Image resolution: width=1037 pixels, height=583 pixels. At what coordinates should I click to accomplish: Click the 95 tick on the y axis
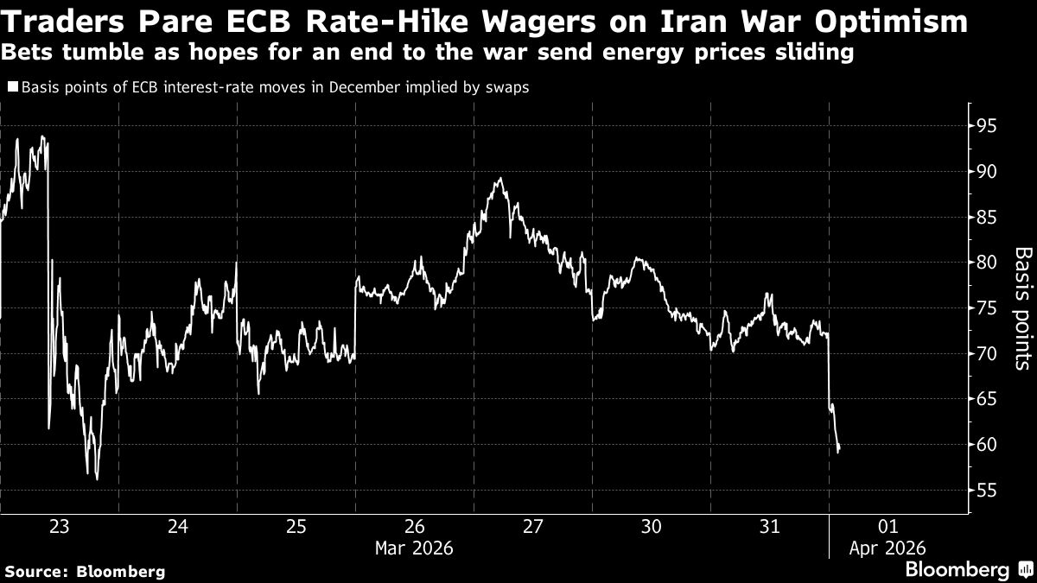[x=986, y=126]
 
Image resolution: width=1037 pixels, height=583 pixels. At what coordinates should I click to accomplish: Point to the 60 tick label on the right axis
[x=986, y=445]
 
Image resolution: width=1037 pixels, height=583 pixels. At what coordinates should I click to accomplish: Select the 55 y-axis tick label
[x=986, y=491]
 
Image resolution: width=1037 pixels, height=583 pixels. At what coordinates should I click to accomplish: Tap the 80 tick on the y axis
[x=986, y=263]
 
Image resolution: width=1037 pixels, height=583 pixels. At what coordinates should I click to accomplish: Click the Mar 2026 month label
[x=414, y=548]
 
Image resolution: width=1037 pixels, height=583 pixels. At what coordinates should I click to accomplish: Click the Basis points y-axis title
[x=1021, y=308]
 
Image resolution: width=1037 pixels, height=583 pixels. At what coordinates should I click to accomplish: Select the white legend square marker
[x=12, y=86]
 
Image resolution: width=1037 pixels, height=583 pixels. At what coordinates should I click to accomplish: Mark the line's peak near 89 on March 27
[x=499, y=179]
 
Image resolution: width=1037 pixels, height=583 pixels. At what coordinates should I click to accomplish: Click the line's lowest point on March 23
[x=97, y=479]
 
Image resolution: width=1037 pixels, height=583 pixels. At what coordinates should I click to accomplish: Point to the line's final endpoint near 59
[x=839, y=450]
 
